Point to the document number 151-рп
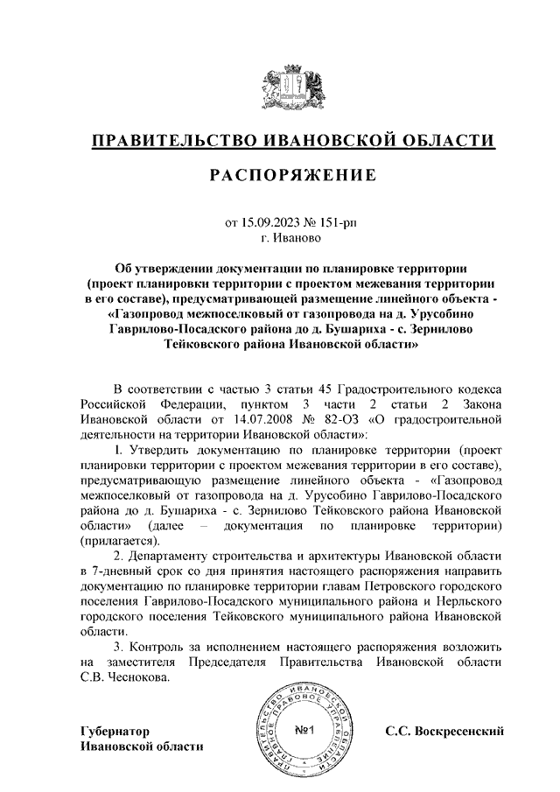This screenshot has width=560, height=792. pyautogui.click(x=338, y=223)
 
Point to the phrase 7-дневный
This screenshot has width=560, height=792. pyautogui.click(x=125, y=571)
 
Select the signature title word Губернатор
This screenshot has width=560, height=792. pyautogui.click(x=114, y=731)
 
